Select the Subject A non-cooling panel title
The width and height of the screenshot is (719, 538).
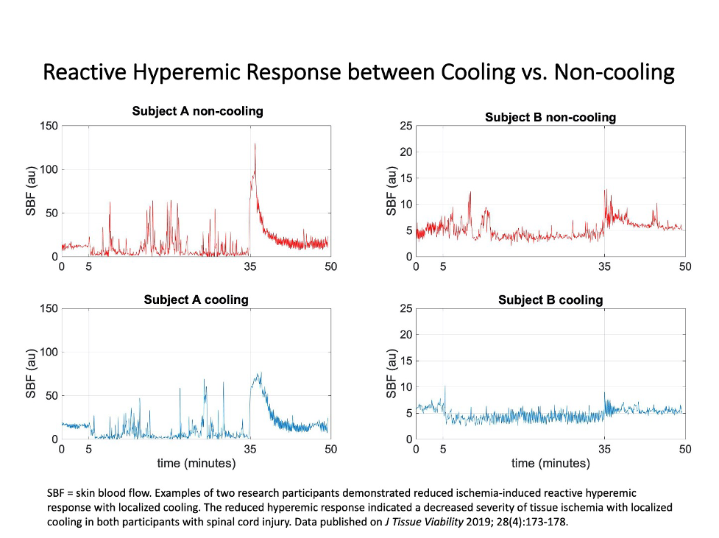[197, 111]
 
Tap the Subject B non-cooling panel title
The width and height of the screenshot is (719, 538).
[550, 117]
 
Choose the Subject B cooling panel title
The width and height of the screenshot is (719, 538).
[550, 300]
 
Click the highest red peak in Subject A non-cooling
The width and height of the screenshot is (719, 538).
[255, 144]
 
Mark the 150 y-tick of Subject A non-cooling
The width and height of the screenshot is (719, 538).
[49, 126]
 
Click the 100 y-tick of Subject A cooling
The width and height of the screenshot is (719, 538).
[49, 352]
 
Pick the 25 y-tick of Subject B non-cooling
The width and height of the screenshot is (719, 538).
[404, 126]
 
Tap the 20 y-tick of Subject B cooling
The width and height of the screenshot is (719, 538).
[404, 334]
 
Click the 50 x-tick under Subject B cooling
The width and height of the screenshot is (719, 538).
[685, 449]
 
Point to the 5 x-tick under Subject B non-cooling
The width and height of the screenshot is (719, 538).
[443, 266]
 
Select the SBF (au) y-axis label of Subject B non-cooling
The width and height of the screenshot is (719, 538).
[392, 191]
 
